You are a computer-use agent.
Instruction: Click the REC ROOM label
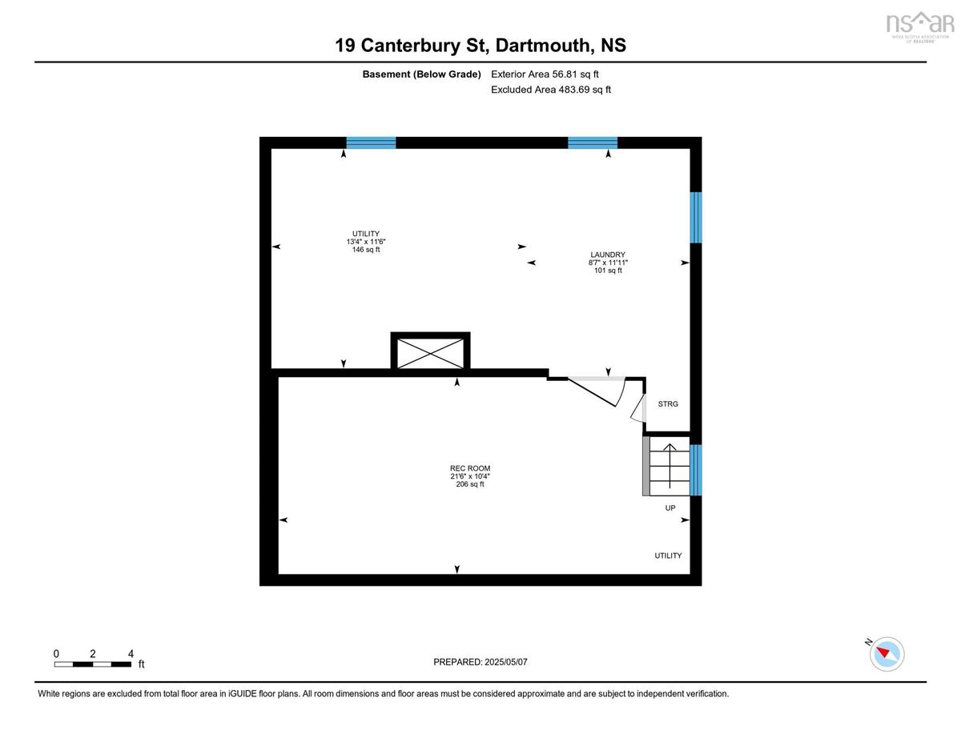(469, 468)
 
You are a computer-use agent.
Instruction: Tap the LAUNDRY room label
(608, 255)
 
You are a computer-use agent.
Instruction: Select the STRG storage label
(668, 404)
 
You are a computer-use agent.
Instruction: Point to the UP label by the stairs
(670, 508)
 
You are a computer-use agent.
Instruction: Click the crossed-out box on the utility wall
(430, 353)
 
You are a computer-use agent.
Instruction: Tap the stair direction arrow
(669, 466)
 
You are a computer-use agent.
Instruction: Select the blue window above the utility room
(371, 142)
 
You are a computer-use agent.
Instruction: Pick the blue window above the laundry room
(593, 142)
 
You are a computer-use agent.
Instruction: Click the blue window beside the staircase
(696, 470)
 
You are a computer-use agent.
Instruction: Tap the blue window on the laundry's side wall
(696, 218)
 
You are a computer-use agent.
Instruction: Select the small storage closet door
(638, 408)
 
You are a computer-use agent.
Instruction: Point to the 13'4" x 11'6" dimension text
(366, 242)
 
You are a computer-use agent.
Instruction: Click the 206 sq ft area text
(469, 484)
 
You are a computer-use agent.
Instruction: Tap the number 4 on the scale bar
(131, 654)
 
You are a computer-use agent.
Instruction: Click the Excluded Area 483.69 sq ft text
(551, 90)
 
